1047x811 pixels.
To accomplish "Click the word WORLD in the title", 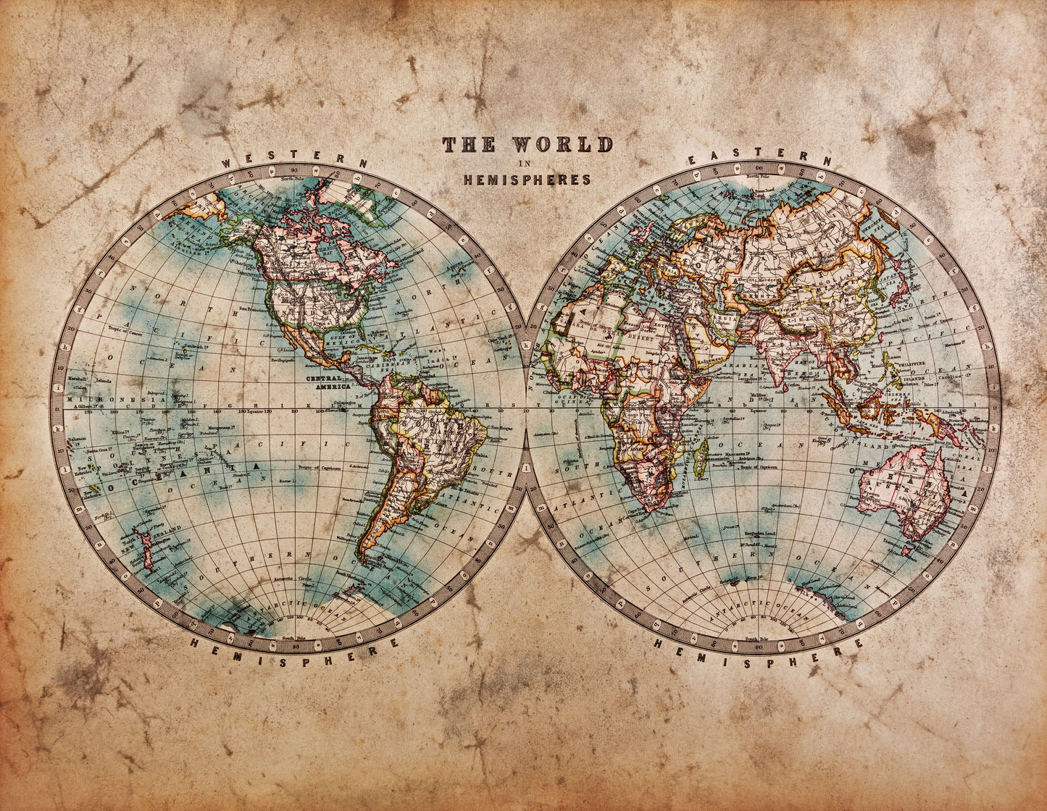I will [x=562, y=145].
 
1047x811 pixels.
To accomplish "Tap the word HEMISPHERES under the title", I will [x=527, y=180].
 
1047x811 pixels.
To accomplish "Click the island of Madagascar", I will [x=701, y=453].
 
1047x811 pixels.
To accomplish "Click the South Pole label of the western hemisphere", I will [x=293, y=638].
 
